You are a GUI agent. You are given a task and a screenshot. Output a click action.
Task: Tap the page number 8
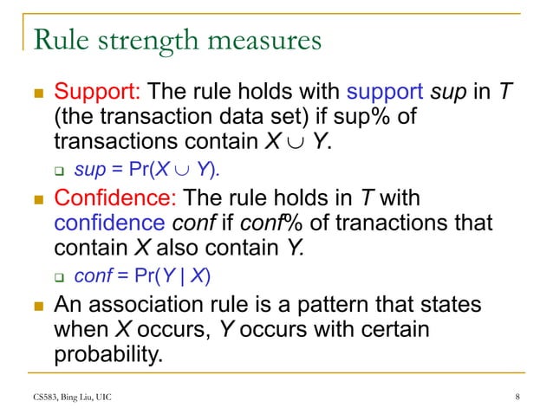point(517,398)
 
